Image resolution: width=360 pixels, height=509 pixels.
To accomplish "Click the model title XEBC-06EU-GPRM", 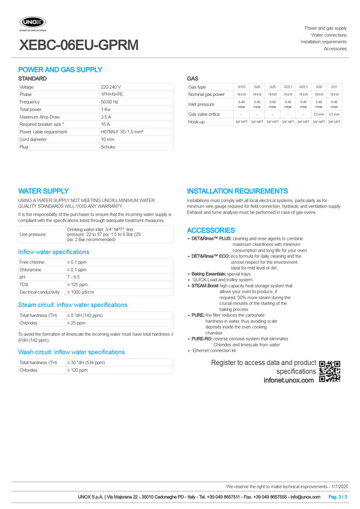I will pyautogui.click(x=79, y=45).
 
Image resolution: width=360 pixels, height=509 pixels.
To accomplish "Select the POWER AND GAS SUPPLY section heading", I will pyautogui.click(x=60, y=70).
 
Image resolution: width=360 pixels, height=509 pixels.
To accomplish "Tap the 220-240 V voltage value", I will pyautogui.click(x=111, y=87).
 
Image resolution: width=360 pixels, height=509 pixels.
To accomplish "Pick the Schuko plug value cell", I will pyautogui.click(x=107, y=146).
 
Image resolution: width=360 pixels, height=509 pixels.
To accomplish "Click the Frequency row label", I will pyautogui.click(x=29, y=102).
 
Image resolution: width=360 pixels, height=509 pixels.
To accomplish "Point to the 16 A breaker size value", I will pyautogui.click(x=105, y=124).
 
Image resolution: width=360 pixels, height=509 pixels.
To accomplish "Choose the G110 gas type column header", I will pyautogui.click(x=241, y=87).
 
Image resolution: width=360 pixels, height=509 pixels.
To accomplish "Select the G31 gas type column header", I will pyautogui.click(x=334, y=87).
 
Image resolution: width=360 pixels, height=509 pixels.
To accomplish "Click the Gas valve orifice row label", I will pyautogui.click(x=204, y=114).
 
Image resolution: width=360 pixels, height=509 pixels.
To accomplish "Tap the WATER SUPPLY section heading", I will pyautogui.click(x=43, y=191).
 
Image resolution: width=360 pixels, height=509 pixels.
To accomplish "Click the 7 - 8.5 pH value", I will pyautogui.click(x=74, y=277).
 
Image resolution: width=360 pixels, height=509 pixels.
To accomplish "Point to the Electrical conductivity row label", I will pyautogui.click(x=40, y=292).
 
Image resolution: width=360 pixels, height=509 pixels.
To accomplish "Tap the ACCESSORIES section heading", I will pyautogui.click(x=211, y=230).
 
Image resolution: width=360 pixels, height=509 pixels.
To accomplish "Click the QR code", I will pyautogui.click(x=329, y=371).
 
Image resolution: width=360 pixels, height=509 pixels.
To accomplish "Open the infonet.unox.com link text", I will pyautogui.click(x=289, y=380).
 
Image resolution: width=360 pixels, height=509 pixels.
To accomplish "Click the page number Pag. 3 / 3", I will pyautogui.click(x=338, y=497).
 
